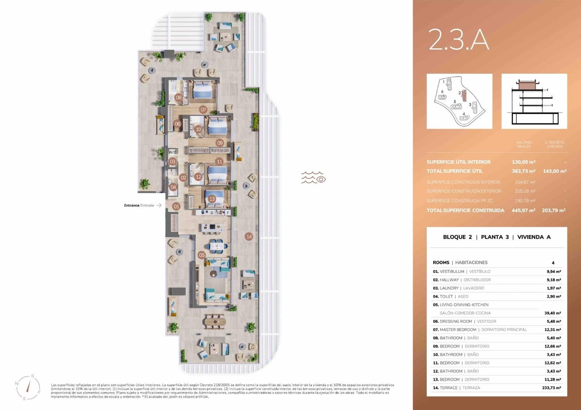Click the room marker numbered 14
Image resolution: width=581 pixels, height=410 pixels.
click(249, 237)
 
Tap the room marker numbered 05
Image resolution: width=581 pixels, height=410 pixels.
click(202, 255)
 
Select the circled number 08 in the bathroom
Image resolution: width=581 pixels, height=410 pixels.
click(179, 97)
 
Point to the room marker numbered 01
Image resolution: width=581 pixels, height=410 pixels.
click(176, 206)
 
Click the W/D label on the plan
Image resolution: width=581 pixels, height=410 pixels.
click(172, 152)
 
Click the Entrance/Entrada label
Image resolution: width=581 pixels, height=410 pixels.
click(139, 205)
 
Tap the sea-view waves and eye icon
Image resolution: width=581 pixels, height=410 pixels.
click(313, 177)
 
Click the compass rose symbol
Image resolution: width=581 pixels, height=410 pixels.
click(28, 388)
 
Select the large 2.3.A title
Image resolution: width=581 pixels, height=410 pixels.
click(459, 40)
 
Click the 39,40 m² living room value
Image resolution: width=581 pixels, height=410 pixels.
click(552, 313)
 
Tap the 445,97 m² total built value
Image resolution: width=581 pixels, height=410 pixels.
click(523, 210)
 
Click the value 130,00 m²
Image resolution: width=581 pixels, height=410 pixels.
click(523, 162)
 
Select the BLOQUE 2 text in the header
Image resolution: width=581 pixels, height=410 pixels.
click(457, 237)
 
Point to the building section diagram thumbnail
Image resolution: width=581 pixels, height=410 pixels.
click(534, 101)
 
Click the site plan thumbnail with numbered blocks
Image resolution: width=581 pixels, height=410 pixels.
click(459, 101)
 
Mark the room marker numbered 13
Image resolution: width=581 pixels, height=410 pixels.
click(212, 199)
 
